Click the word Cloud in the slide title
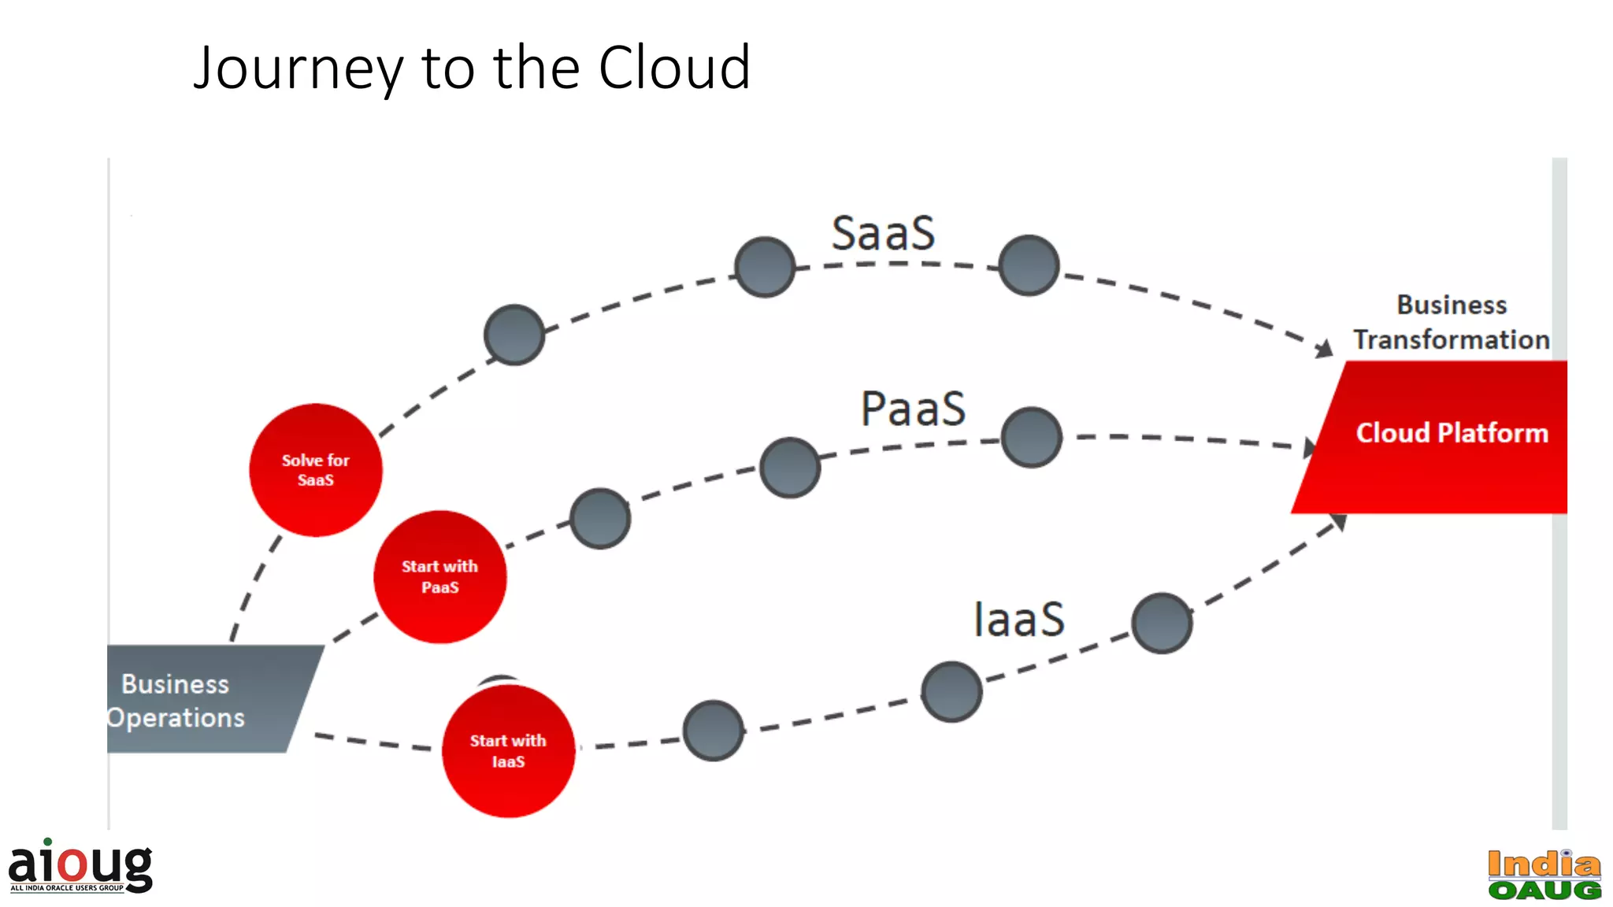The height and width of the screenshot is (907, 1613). [673, 68]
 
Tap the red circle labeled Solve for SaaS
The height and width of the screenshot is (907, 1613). [316, 470]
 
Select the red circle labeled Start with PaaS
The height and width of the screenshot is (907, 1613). [439, 577]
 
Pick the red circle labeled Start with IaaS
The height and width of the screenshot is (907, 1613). [508, 750]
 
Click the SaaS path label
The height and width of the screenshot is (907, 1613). [883, 234]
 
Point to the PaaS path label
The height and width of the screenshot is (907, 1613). [913, 409]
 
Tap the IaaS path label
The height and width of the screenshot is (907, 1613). [1018, 619]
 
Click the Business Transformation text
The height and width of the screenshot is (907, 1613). [1451, 322]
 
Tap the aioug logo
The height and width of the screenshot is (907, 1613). [80, 866]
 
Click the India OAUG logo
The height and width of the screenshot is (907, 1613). [1544, 875]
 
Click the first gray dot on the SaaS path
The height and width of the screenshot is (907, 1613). [514, 335]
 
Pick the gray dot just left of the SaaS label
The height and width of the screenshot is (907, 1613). [765, 267]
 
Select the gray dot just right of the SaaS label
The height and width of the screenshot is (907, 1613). [1029, 265]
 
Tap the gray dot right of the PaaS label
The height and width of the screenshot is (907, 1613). [1031, 437]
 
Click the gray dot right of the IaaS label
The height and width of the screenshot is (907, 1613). [1162, 623]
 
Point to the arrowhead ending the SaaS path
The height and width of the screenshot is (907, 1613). [1324, 348]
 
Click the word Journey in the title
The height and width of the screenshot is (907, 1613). [298, 69]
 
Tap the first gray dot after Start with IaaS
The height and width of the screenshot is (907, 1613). [713, 731]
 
